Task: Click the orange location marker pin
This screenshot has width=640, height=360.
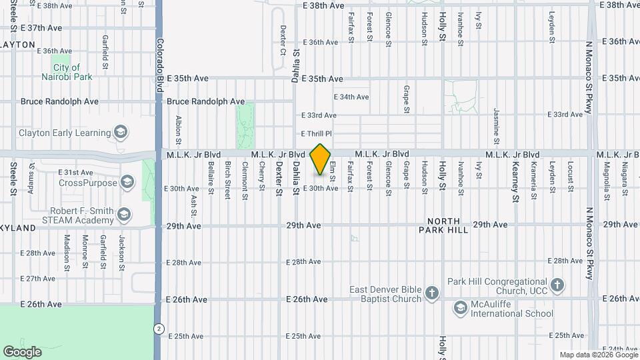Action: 321,159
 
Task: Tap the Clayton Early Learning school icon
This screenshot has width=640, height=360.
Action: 120,133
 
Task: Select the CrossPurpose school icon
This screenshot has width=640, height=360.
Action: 127,183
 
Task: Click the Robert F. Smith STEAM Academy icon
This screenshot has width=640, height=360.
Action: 123,215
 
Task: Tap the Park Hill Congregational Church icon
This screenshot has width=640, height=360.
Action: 558,285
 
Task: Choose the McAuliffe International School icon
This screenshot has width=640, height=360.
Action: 460,308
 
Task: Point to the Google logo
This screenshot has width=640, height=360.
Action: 22,352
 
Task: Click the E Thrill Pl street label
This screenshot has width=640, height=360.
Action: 316,133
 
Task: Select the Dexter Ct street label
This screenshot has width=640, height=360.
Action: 283,40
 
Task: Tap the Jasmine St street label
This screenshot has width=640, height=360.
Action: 496,125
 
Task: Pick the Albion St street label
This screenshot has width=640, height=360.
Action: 179,129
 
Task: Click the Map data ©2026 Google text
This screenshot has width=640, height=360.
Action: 599,355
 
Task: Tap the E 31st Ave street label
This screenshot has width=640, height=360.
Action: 73,172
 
